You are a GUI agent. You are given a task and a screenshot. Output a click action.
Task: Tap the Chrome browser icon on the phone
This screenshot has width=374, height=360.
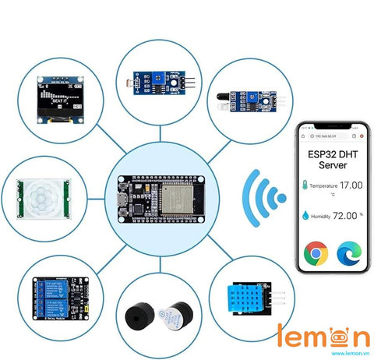click(315, 254)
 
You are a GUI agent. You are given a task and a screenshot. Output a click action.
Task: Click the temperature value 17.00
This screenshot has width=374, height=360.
click(351, 185)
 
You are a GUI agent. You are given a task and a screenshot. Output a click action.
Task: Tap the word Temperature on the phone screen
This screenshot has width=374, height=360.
click(324, 186)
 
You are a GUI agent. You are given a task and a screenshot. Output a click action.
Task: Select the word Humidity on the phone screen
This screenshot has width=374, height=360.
click(323, 217)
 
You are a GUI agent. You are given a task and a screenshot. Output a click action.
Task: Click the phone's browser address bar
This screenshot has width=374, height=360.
click(331, 135)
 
